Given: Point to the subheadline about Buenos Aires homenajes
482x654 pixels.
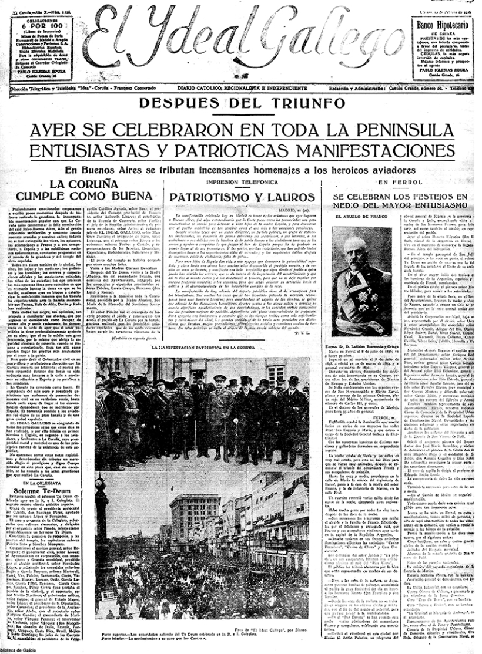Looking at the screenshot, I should coord(240,170).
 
